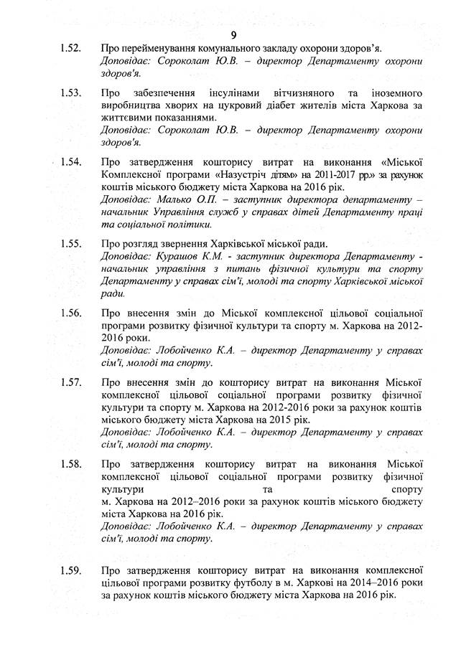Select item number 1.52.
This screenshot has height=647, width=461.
click(x=70, y=49)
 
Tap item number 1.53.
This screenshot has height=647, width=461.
click(x=70, y=94)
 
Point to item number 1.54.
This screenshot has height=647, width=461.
click(x=70, y=162)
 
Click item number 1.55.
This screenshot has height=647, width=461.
click(x=70, y=243)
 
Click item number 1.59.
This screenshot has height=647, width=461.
click(x=70, y=571)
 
